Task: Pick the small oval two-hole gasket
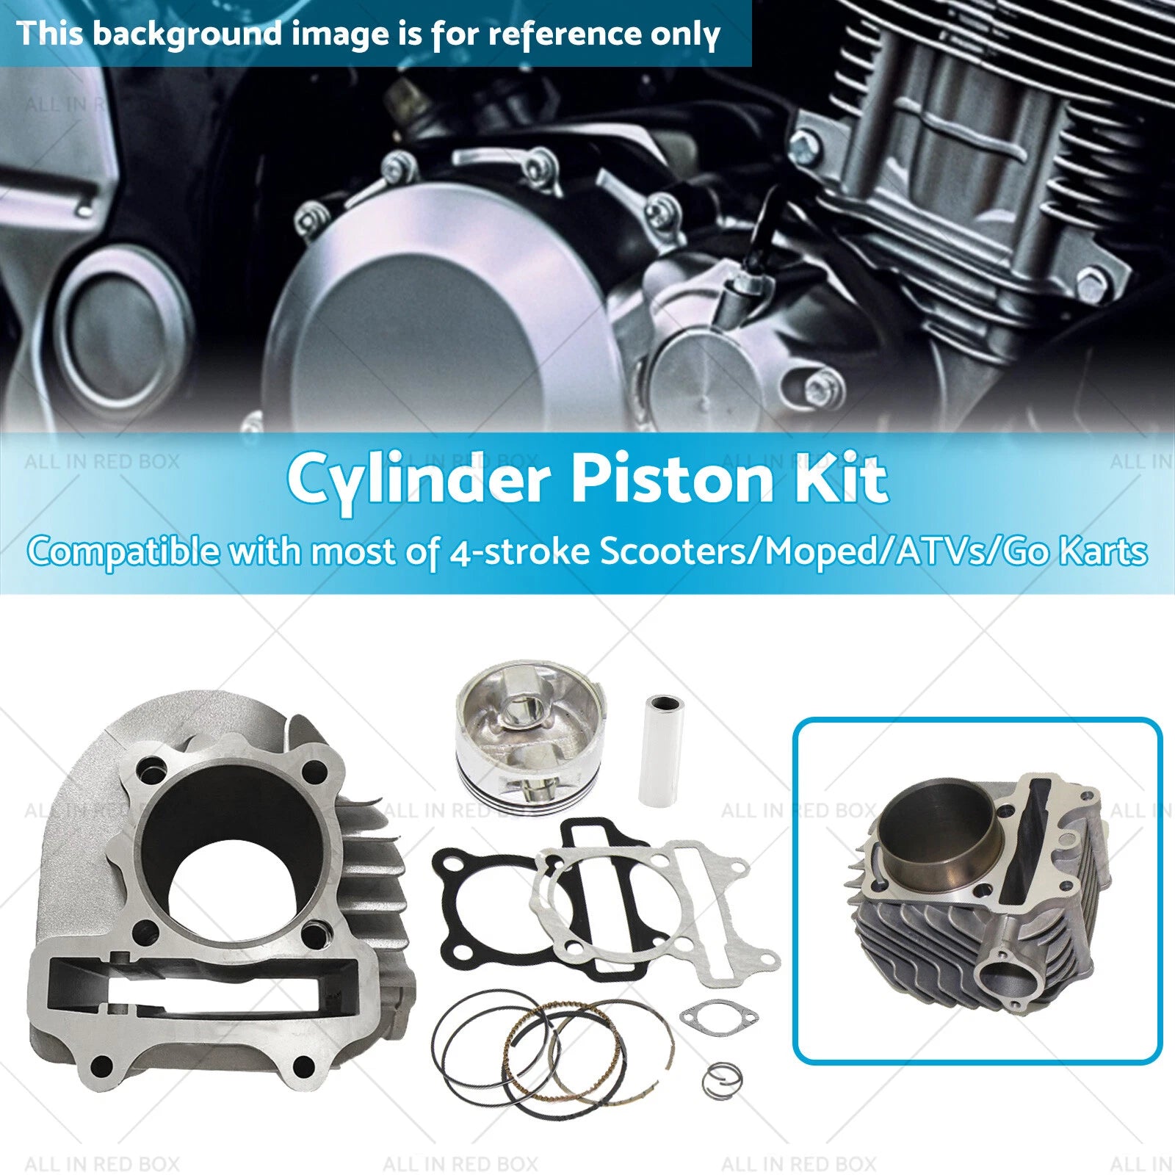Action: [718, 1017]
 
